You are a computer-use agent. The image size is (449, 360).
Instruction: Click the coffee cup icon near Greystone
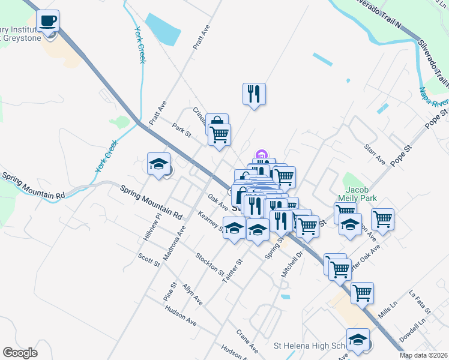pyautogui.click(x=47, y=21)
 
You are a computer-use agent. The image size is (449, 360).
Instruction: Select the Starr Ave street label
pyautogui.click(x=375, y=154)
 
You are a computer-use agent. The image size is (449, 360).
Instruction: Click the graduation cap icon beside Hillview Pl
pyautogui.click(x=158, y=164)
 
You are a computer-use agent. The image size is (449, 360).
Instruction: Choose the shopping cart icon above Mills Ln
pyautogui.click(x=362, y=293)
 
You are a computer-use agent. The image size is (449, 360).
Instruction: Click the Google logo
pyautogui.click(x=20, y=353)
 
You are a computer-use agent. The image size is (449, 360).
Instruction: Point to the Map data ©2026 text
pyautogui.click(x=423, y=355)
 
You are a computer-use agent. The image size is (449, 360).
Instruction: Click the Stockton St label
pyautogui.click(x=208, y=264)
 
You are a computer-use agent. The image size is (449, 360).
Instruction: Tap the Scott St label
pyautogui.click(x=148, y=260)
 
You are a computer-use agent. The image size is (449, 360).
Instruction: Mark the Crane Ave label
pyautogui.click(x=247, y=339)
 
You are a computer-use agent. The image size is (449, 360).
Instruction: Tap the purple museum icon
pyautogui.click(x=261, y=155)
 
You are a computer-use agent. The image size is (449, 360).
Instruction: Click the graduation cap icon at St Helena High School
pyautogui.click(x=358, y=340)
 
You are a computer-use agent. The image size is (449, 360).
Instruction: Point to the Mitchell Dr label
pyautogui.click(x=293, y=264)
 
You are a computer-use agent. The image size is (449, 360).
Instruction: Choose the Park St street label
pyautogui.click(x=181, y=130)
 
